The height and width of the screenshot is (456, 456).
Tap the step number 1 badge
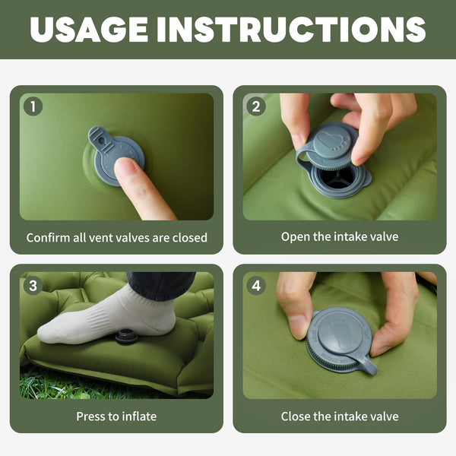[33, 106]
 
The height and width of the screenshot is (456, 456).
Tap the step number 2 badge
[256, 106]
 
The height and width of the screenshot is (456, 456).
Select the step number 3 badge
[33, 286]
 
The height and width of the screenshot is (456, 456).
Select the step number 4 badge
[256, 286]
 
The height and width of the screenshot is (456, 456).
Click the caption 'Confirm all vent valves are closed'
[116, 237]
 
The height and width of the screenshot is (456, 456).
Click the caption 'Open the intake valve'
[340, 236]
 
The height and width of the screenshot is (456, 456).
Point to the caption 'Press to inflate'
[116, 416]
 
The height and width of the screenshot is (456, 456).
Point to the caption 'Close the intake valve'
[340, 416]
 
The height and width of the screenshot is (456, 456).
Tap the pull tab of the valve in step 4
[366, 366]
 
